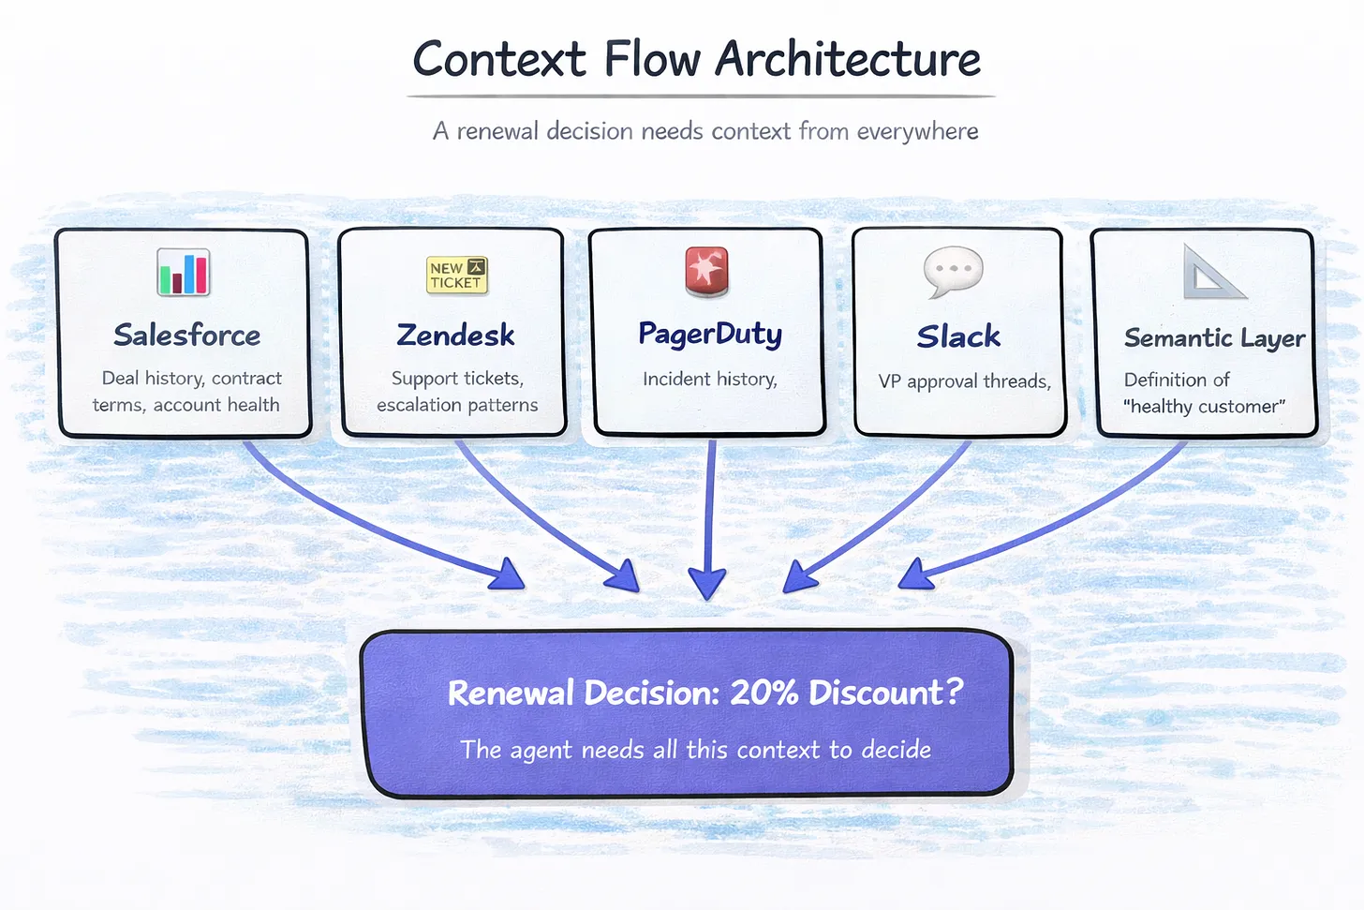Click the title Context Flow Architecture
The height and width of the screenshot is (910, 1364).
point(696,59)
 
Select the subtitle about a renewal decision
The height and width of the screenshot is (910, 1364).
point(704,131)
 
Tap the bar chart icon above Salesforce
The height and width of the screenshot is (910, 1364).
point(184,273)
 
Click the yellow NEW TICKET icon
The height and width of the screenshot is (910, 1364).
point(456,276)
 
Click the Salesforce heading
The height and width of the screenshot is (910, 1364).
point(186,336)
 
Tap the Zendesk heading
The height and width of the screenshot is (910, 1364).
point(455,336)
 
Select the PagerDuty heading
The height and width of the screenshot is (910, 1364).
point(709,335)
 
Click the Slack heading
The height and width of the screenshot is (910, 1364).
point(958,336)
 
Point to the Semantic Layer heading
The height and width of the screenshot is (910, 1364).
point(1214,338)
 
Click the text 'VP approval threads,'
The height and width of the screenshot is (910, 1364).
point(964,381)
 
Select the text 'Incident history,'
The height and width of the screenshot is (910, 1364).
point(709,379)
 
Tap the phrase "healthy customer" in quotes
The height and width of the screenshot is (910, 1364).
point(1204,407)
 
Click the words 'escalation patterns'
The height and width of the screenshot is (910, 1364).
point(457,405)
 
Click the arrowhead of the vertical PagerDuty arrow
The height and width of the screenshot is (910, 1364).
point(706,583)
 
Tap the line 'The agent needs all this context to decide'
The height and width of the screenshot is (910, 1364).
point(695,750)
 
